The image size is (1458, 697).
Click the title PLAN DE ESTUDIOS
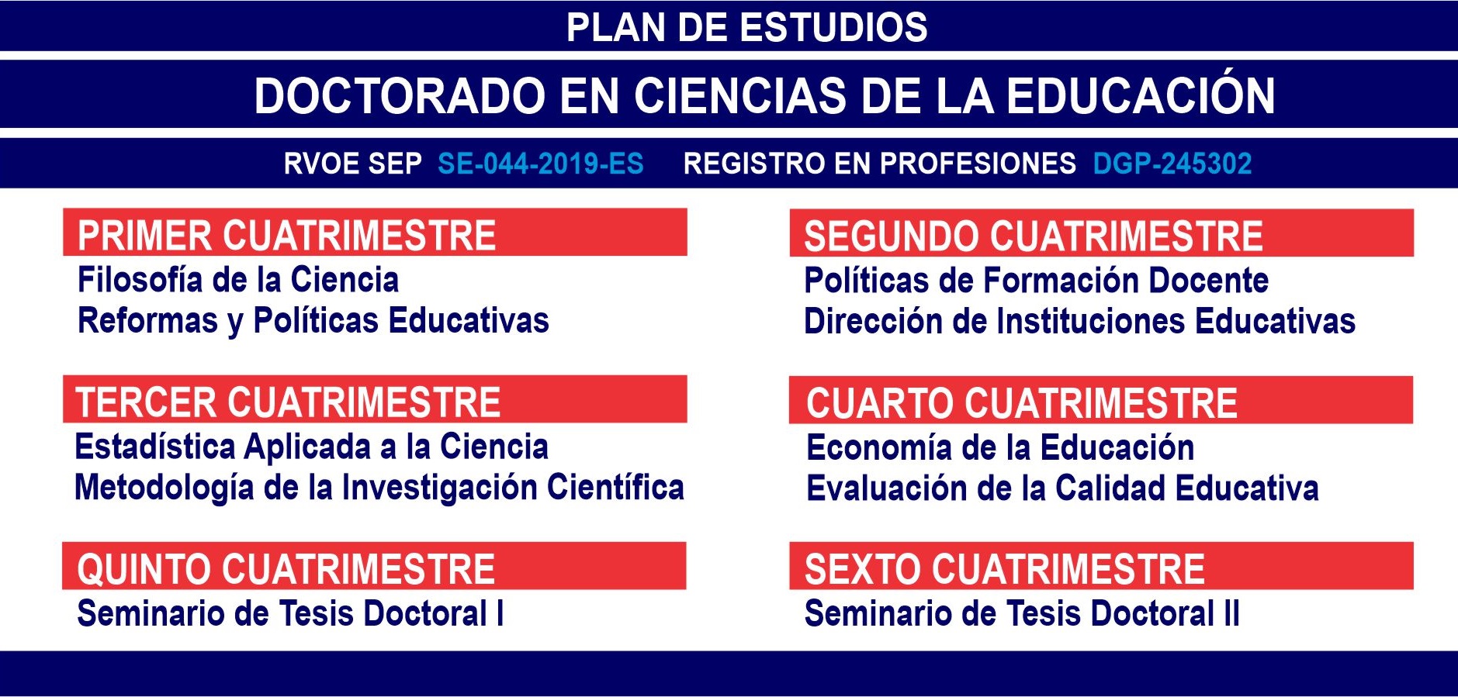[x=746, y=27]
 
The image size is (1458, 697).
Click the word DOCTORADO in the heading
[x=399, y=95]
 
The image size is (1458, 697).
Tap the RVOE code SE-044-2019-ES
[x=541, y=164]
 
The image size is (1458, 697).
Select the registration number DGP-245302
[x=1172, y=164]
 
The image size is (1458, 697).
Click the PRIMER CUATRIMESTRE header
[x=286, y=236]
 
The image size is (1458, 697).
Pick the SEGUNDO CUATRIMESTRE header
[x=1034, y=236]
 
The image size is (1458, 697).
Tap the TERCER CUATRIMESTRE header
[x=288, y=402]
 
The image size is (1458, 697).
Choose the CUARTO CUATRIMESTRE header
[x=1022, y=403]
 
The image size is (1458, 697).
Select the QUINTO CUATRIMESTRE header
[x=286, y=569]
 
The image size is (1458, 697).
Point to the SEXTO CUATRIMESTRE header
[x=1005, y=569]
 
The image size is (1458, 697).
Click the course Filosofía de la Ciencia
[x=238, y=280]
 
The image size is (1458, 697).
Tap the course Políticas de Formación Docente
[x=1037, y=281]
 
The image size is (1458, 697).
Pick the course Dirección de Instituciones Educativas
[x=1080, y=321]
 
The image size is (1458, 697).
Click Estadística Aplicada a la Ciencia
[x=312, y=447]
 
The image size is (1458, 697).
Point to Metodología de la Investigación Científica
[x=379, y=488]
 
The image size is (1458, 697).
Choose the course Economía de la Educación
[x=1001, y=447]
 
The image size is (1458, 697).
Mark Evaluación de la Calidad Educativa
[x=1063, y=488]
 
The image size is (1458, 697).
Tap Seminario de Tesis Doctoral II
[x=1023, y=613]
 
